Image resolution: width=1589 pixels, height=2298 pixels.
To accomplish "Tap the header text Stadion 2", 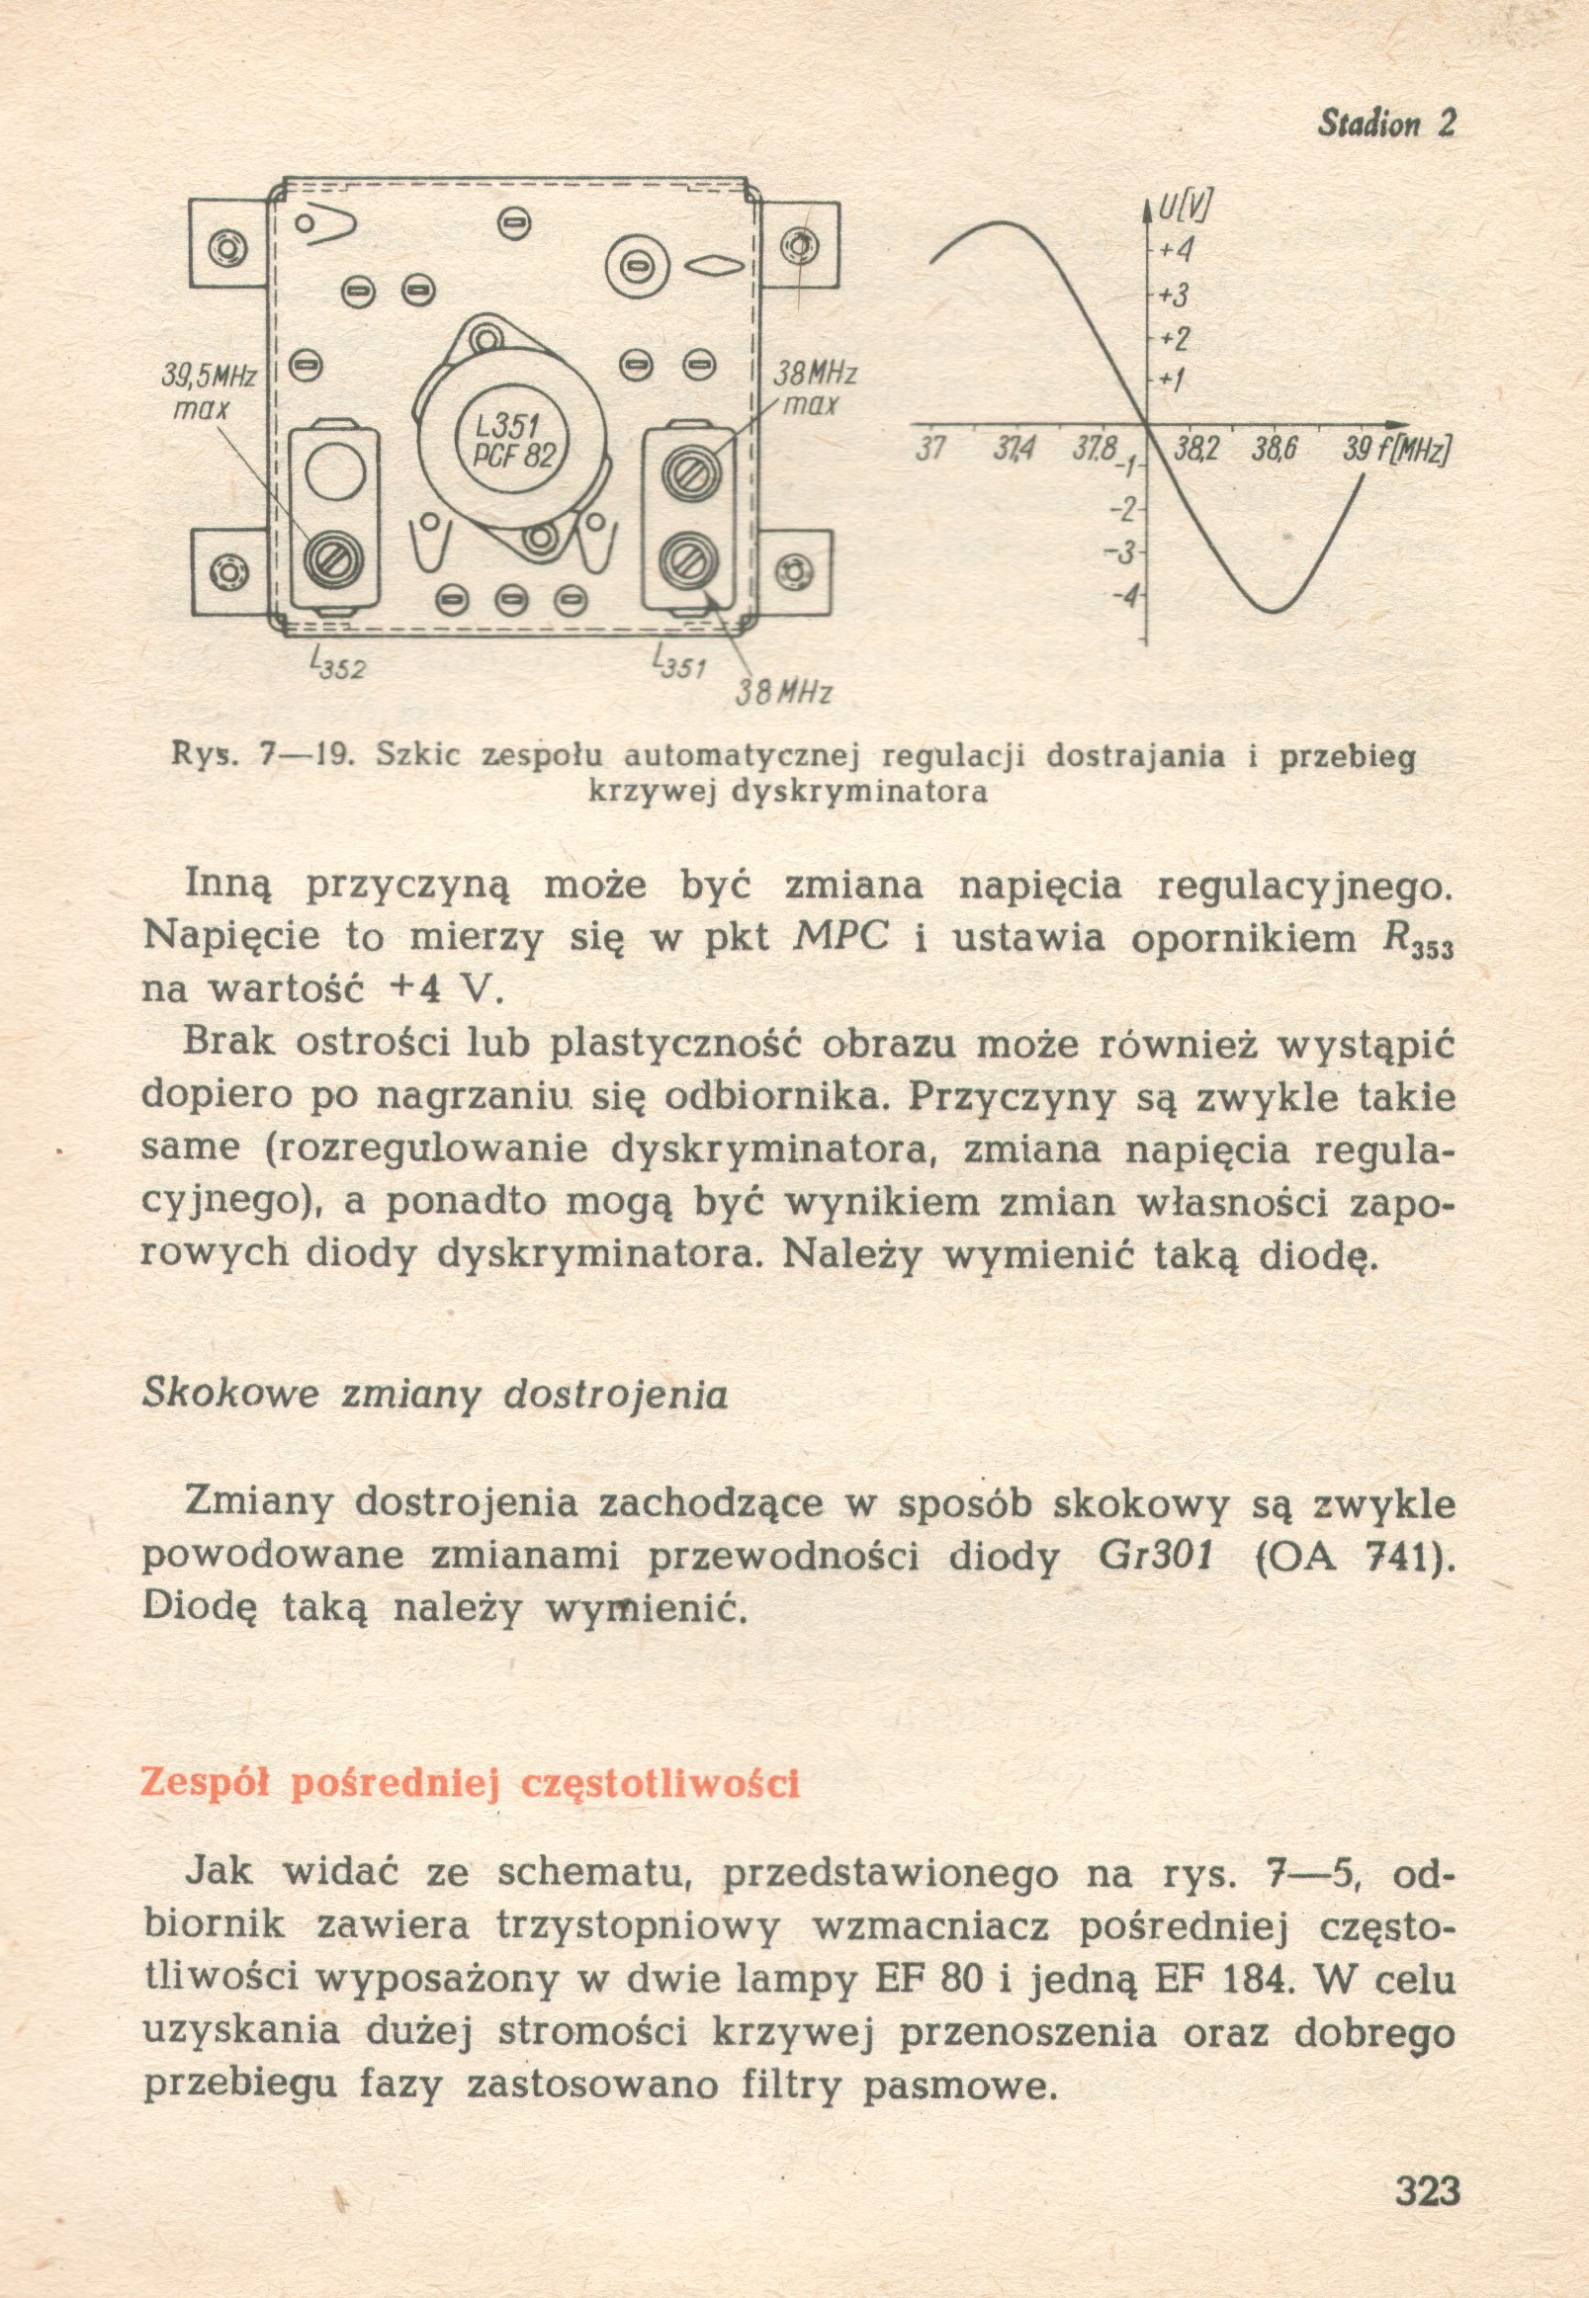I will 1386,124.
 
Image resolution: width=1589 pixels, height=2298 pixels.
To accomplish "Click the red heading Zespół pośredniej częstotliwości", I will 470,1783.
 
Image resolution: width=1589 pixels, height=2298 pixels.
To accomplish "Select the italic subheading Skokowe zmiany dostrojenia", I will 435,1395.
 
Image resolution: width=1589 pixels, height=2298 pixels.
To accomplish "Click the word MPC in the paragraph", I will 842,939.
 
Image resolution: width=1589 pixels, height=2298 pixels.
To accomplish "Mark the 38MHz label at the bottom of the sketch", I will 782,691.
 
